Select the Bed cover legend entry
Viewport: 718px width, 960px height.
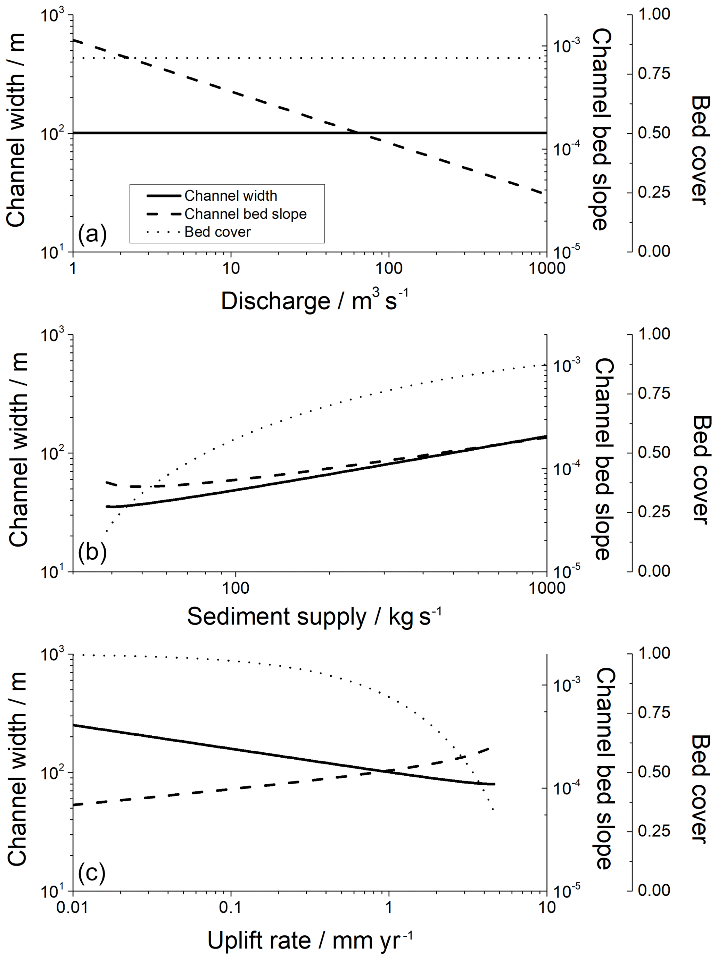pos(217,232)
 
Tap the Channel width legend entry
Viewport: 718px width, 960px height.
pos(231,196)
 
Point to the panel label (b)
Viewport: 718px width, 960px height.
pos(92,552)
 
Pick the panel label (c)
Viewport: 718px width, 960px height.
pos(92,872)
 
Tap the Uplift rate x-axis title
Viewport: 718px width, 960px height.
pos(309,941)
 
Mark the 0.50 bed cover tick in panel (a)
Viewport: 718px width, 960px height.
pos(654,133)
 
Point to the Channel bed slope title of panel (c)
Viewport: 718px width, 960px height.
pos(604,768)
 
